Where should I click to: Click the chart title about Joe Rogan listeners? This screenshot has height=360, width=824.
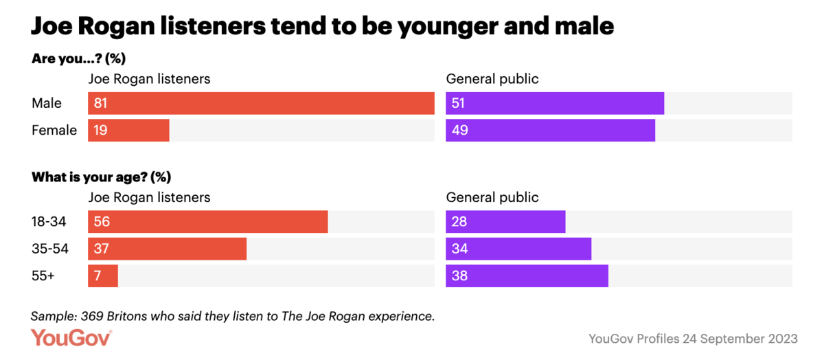(322, 25)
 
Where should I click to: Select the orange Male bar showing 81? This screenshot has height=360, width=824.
(261, 103)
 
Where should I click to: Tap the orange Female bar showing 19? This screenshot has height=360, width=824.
(128, 130)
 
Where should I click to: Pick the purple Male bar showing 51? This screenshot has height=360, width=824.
(555, 103)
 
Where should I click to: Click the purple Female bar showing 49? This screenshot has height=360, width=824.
(550, 130)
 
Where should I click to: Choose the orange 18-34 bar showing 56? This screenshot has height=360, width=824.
(207, 222)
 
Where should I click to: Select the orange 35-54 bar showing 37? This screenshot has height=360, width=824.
(167, 249)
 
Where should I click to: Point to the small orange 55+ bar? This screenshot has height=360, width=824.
(103, 275)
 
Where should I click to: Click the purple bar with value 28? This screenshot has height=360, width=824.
(505, 222)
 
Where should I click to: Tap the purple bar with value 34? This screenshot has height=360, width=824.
(518, 249)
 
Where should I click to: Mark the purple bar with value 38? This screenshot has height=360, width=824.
(527, 275)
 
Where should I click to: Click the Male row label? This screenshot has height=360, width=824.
(47, 103)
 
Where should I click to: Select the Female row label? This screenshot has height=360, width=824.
(54, 130)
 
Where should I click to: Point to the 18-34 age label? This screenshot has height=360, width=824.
(50, 222)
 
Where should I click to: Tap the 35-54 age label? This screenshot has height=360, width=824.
(50, 249)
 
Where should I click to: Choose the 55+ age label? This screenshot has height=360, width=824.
(43, 275)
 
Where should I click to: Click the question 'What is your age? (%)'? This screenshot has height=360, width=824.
(101, 177)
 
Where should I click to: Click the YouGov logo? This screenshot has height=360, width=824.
(71, 338)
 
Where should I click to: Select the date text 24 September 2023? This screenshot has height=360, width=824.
(740, 339)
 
